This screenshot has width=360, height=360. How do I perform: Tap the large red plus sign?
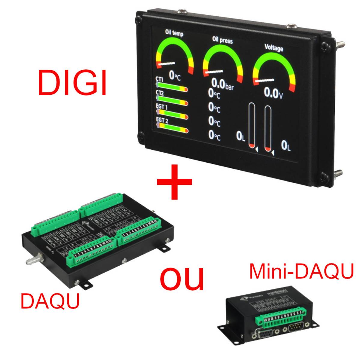(175, 182)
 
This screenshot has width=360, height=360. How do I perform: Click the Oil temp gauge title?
(174, 33)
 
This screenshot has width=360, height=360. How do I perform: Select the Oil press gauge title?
(222, 40)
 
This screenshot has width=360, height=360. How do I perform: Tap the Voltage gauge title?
(274, 47)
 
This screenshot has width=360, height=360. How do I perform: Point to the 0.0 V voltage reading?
(273, 93)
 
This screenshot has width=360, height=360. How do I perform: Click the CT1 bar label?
(159, 79)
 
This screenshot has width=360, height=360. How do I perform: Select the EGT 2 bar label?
(162, 121)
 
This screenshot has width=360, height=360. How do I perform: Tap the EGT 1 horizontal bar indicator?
(172, 116)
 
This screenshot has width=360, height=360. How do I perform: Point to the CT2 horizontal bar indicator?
(172, 103)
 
